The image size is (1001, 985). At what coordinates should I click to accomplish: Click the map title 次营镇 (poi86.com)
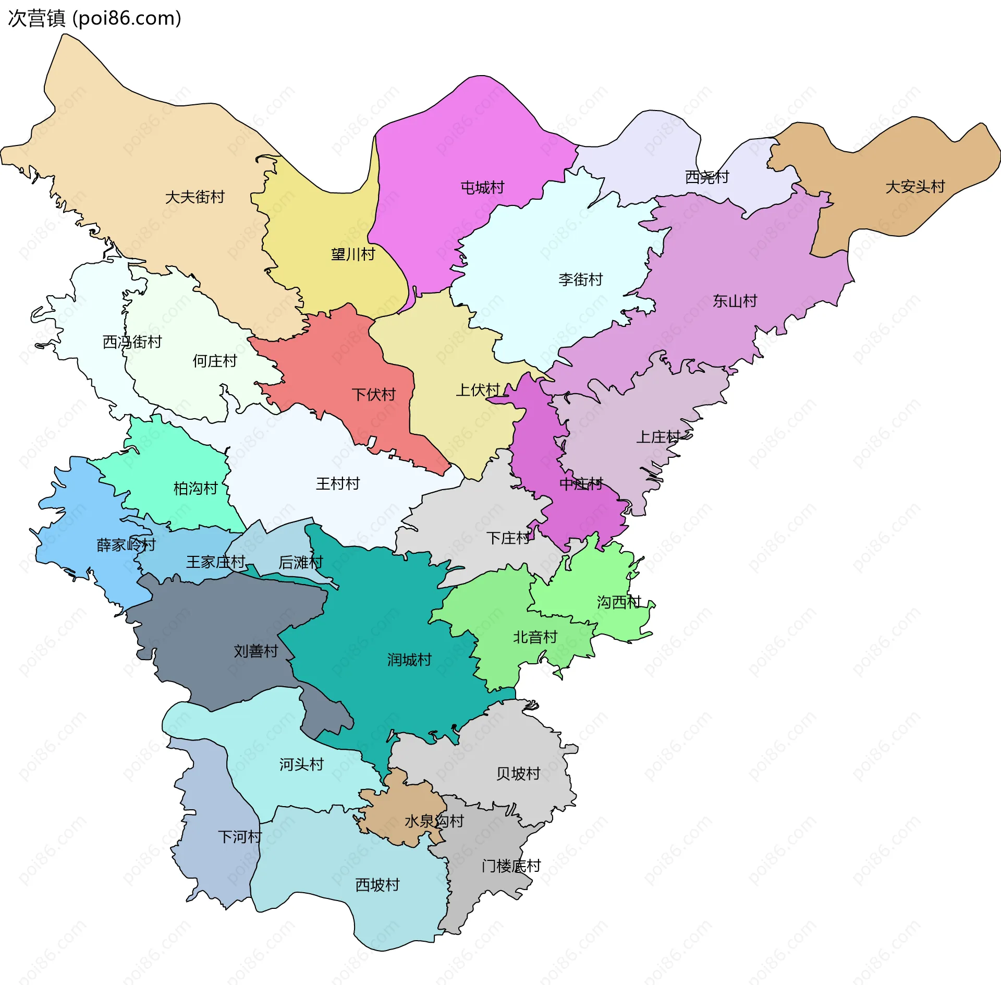(94, 18)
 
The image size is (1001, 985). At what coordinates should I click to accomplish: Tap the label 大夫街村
(194, 197)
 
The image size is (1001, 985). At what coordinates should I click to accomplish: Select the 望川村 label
(353, 254)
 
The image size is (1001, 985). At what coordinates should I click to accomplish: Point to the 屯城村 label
(482, 188)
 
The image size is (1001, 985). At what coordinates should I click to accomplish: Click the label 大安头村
(915, 187)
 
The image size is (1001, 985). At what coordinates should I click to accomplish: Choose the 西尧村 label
(706, 177)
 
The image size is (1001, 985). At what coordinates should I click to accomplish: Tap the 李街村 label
(580, 279)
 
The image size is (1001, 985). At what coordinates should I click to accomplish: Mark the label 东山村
(735, 301)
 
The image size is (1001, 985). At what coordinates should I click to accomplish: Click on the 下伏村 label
(373, 394)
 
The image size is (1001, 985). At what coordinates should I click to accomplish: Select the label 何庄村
(214, 361)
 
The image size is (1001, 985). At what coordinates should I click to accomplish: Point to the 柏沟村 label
(196, 489)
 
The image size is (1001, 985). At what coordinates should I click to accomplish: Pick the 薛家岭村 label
(126, 545)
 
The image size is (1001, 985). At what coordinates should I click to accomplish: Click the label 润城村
(409, 660)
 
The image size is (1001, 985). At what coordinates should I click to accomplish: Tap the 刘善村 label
(255, 651)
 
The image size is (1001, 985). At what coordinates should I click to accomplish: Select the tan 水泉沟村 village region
(399, 803)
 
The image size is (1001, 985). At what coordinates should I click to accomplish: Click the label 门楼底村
(511, 866)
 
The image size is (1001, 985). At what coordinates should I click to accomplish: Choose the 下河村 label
(239, 837)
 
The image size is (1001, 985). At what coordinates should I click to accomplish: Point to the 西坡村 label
(377, 885)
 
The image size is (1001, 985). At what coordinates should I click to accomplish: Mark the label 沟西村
(618, 602)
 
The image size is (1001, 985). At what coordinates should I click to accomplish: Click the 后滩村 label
(300, 562)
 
